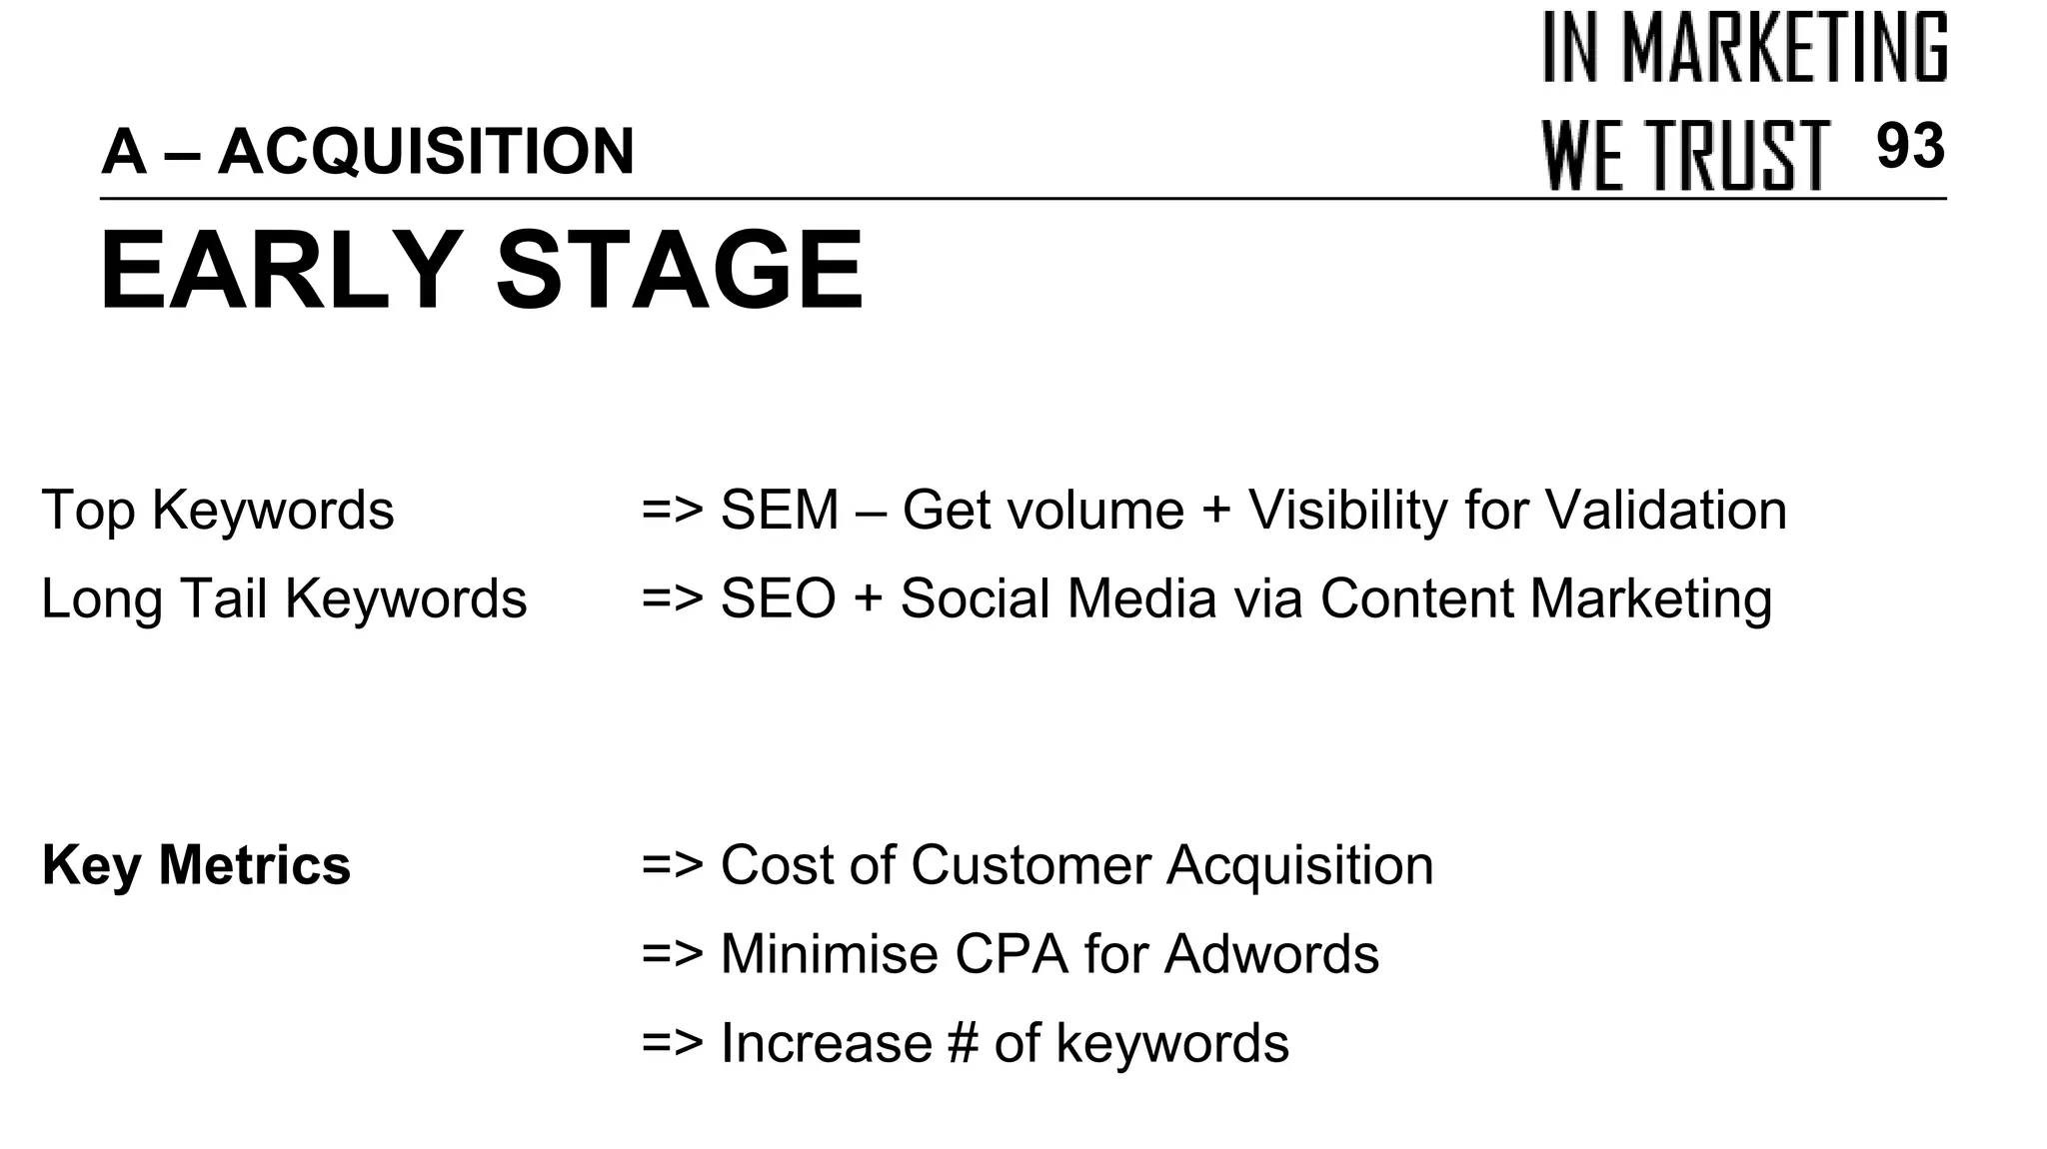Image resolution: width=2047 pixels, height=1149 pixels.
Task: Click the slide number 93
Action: (x=1910, y=146)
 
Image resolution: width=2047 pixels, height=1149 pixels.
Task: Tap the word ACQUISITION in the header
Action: (x=426, y=152)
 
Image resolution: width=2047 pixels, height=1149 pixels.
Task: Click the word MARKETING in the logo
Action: (x=1784, y=47)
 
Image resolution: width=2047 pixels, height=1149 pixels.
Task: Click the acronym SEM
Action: (x=780, y=511)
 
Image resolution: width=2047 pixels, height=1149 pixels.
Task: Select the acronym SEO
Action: (x=778, y=598)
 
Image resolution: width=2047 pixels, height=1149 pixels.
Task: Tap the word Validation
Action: (x=1666, y=511)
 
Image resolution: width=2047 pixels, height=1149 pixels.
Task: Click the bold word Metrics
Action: (x=255, y=864)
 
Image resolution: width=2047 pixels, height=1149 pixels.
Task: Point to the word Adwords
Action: (x=1271, y=953)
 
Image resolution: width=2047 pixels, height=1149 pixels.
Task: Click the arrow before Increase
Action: (x=673, y=1043)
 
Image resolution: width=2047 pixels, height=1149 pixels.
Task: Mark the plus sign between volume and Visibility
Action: (x=1216, y=511)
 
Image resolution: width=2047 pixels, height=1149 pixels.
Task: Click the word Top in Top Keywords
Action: (x=88, y=511)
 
